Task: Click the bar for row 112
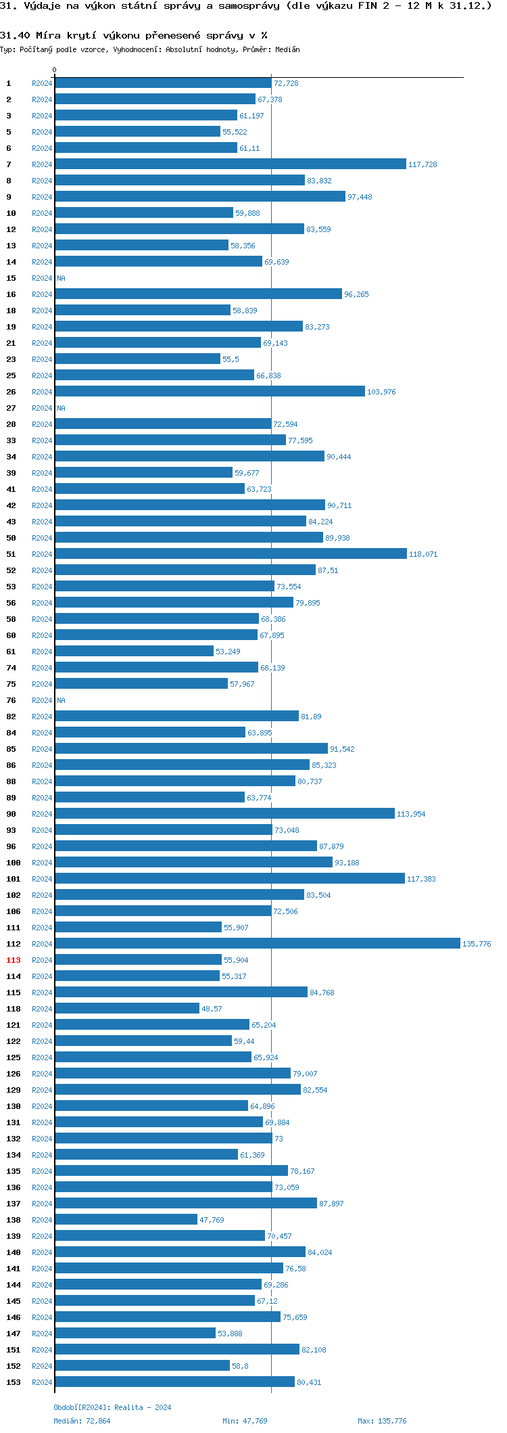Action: [257, 943]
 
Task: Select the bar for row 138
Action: [126, 1219]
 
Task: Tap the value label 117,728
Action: [422, 164]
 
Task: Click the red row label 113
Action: [14, 960]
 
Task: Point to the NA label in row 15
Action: [61, 278]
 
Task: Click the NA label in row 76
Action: [61, 700]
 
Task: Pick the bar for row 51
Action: [231, 553]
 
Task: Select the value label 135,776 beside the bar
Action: [477, 944]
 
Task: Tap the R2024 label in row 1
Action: [42, 83]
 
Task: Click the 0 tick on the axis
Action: [55, 70]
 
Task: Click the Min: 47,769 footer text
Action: [245, 1420]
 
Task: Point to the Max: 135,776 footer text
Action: [382, 1420]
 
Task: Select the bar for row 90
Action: [224, 813]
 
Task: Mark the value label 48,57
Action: [212, 1009]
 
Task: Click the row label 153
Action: [14, 1382]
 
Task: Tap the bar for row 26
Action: [210, 391]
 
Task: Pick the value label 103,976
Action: [381, 392]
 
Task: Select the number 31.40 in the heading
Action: [15, 35]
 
